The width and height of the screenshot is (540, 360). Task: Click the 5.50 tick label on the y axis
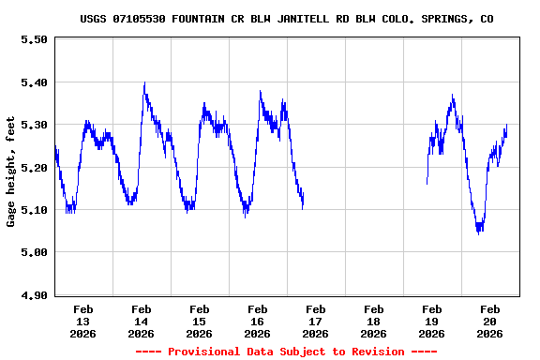34,39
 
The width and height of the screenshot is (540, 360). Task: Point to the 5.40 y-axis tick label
34,82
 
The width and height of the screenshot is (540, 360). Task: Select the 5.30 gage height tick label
34,125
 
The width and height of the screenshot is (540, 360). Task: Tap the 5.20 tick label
34,168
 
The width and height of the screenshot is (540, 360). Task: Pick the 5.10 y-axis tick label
34,210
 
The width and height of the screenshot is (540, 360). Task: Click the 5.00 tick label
34,252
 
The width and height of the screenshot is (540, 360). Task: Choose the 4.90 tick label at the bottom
34,295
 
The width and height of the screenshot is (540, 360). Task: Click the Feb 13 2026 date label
83,321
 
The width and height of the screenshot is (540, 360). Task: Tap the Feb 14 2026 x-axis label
142,321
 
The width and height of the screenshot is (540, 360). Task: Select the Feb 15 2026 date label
200,321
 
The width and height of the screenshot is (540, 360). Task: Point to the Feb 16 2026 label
258,321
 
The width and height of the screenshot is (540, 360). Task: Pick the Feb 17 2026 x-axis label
316,321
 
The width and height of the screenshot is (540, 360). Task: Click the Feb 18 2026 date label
374,321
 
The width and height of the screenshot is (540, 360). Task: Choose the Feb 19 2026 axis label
432,321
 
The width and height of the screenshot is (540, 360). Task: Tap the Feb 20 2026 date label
490,321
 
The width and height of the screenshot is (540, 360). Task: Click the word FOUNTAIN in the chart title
201,19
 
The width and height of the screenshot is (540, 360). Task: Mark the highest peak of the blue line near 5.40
144,83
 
